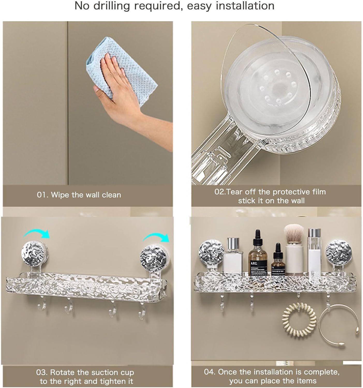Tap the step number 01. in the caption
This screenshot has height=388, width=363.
[x=42, y=195]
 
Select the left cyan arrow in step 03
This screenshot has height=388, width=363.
[x=36, y=234]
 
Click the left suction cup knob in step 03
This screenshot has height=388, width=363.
[x=35, y=254]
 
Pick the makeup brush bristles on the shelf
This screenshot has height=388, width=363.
[x=294, y=233]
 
